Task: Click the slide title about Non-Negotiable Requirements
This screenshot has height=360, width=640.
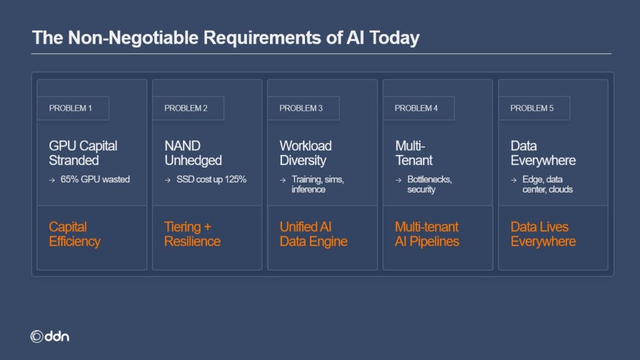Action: [x=226, y=37]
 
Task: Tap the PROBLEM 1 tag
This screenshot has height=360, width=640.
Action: [x=73, y=108]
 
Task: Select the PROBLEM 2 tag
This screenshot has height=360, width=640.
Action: [x=188, y=108]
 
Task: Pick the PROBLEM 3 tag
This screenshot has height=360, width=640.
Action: [x=303, y=108]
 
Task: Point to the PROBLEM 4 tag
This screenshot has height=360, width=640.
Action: [x=418, y=108]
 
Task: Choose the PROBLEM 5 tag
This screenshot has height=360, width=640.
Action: [x=534, y=108]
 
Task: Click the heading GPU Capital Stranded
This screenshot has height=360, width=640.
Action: [x=83, y=153]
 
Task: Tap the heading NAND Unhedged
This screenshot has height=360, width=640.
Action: [x=193, y=153]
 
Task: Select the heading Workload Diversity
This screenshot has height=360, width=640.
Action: [x=305, y=153]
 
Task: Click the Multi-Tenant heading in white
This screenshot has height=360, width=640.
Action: [x=414, y=153]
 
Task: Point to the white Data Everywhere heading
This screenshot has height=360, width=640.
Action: [x=543, y=153]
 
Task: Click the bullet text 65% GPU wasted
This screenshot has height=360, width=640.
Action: [x=95, y=179]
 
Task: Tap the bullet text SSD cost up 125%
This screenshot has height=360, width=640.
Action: [x=211, y=179]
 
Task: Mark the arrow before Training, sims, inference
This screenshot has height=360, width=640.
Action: [x=283, y=180]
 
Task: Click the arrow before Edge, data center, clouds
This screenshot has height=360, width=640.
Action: [x=514, y=180]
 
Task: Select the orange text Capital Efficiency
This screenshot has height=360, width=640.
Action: [x=75, y=234]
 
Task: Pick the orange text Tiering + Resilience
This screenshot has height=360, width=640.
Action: [x=192, y=234]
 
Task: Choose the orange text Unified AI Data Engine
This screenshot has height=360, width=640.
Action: [x=314, y=234]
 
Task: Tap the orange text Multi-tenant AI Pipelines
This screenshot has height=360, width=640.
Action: [x=427, y=234]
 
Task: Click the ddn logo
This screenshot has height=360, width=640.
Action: [x=50, y=336]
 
